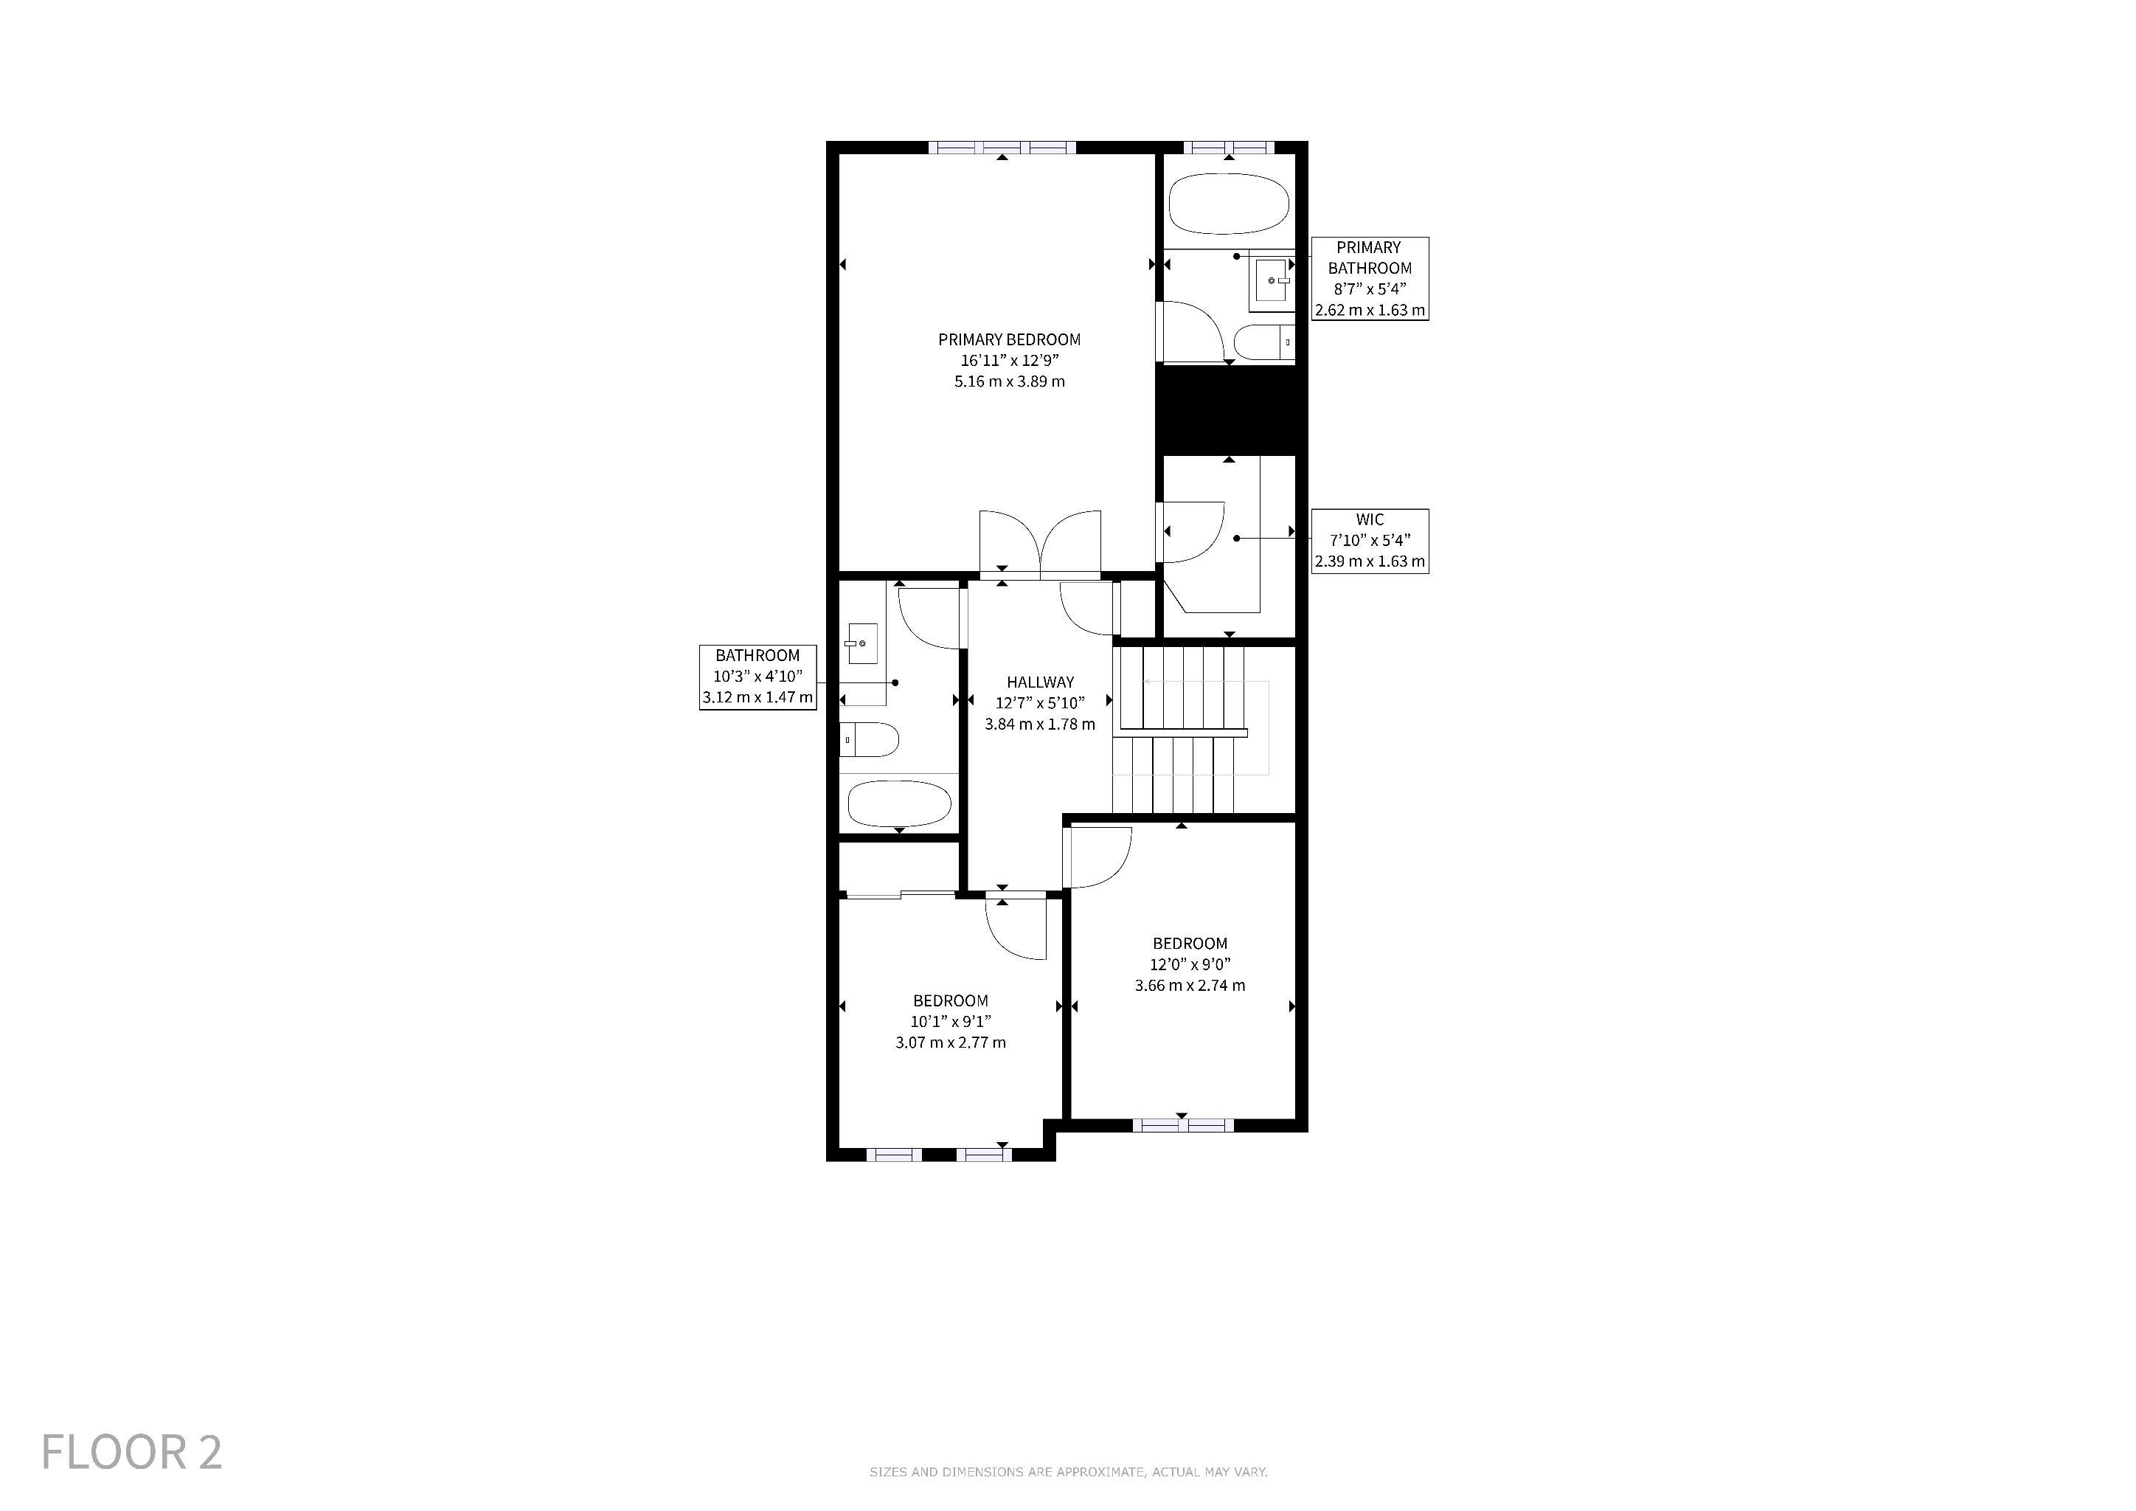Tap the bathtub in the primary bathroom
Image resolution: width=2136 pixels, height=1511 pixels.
click(x=1229, y=204)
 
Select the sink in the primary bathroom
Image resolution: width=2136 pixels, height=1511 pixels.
click(x=1271, y=281)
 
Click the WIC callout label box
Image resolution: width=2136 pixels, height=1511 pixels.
click(x=1370, y=541)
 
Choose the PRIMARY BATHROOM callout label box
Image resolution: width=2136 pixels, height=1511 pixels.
click(x=1370, y=278)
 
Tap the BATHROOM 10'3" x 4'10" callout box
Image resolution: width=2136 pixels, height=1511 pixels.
click(x=758, y=677)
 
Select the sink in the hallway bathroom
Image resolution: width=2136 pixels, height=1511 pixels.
click(x=861, y=643)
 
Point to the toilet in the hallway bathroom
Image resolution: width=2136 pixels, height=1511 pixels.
click(x=869, y=741)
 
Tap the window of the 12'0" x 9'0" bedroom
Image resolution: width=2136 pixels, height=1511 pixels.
click(x=1183, y=1125)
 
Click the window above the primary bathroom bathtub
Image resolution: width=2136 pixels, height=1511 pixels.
click(x=1229, y=147)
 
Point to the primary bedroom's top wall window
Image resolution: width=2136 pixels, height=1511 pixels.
click(x=1002, y=147)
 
